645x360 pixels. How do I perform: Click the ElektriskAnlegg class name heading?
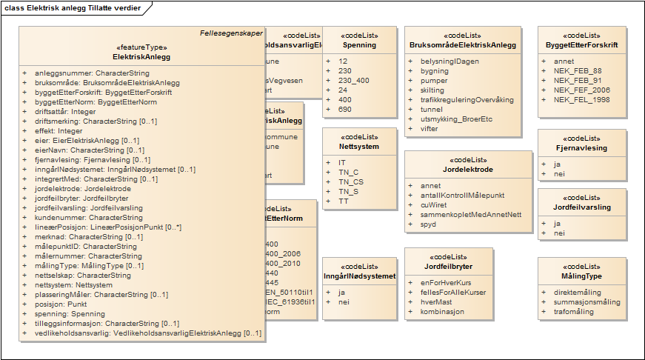[x=141, y=56]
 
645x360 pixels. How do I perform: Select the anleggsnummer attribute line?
[x=92, y=73]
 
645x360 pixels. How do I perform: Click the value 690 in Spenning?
[x=344, y=109]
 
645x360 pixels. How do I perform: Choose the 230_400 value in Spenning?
[x=353, y=80]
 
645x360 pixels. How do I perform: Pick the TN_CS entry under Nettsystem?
[x=351, y=181]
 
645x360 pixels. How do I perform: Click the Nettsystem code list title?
[x=358, y=147]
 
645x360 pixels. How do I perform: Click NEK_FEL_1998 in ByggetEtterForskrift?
[x=582, y=99]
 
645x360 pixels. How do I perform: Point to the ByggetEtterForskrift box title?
[x=581, y=45]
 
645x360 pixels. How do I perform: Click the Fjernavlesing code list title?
[x=581, y=148]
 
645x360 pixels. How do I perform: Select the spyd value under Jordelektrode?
[x=428, y=224]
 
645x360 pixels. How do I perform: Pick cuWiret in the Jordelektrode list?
[x=435, y=204]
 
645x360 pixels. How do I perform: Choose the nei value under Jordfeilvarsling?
[x=559, y=233]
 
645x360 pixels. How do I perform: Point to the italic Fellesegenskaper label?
[x=231, y=33]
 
